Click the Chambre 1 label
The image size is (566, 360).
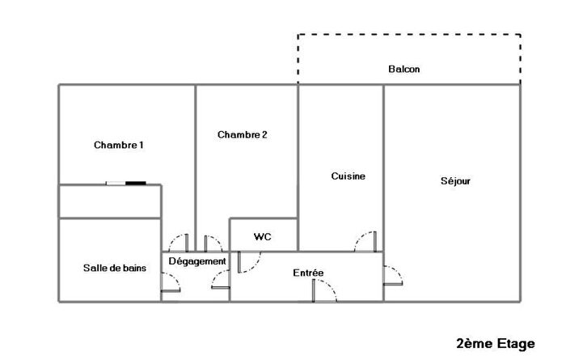pyautogui.click(x=119, y=146)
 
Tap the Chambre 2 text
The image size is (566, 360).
pyautogui.click(x=242, y=135)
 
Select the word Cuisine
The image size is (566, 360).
pyautogui.click(x=348, y=176)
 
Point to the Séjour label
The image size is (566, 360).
pyautogui.click(x=455, y=181)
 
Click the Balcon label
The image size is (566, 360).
pyautogui.click(x=404, y=70)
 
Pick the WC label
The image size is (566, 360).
pyautogui.click(x=262, y=237)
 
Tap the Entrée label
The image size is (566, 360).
pyautogui.click(x=308, y=273)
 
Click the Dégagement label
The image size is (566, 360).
pyautogui.click(x=197, y=261)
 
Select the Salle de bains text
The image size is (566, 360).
pyautogui.click(x=115, y=268)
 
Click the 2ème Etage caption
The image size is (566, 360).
pyautogui.click(x=496, y=343)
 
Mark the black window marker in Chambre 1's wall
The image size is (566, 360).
pyautogui.click(x=136, y=184)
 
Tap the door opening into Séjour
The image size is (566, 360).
pyautogui.click(x=392, y=275)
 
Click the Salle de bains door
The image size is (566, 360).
pyautogui.click(x=171, y=281)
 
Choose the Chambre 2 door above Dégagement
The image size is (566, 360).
pyautogui.click(x=213, y=244)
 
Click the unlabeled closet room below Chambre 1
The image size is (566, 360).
pyautogui.click(x=109, y=201)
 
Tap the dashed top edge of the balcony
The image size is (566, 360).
pyautogui.click(x=408, y=35)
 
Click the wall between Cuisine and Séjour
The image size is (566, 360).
pyautogui.click(x=383, y=162)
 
